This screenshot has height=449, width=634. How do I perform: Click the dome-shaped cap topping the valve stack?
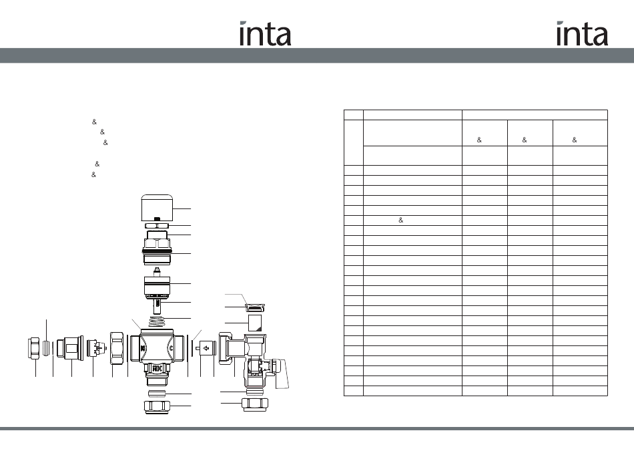tap(157, 207)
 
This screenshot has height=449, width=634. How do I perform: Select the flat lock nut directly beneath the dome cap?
tap(157, 226)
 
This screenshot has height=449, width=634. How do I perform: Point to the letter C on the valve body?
tap(171, 348)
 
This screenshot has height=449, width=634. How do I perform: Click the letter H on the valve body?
tap(143, 348)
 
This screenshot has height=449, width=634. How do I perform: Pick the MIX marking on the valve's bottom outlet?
tap(157, 368)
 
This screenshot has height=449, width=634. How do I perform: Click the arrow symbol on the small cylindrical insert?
tap(206, 348)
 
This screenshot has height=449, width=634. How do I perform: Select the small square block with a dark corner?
tap(255, 323)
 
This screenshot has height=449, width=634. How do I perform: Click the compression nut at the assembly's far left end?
tap(34, 348)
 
